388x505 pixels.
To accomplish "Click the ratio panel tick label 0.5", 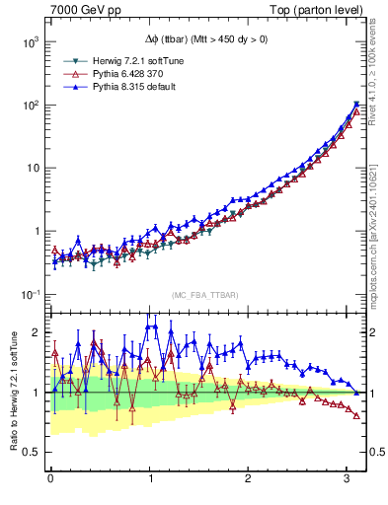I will click(30, 452).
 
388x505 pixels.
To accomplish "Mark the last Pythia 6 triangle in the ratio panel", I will click(356, 415).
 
